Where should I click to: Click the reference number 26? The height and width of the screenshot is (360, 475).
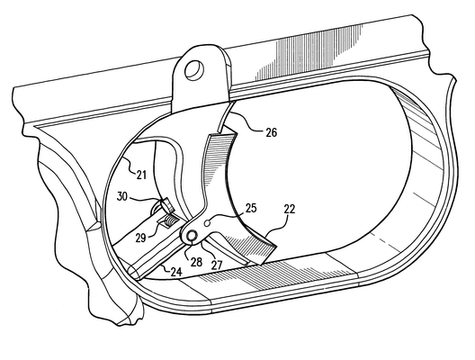[272, 132]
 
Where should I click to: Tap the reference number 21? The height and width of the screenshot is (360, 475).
[141, 175]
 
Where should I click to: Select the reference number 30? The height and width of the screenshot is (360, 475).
[122, 196]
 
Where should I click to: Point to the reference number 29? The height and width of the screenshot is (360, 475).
[141, 238]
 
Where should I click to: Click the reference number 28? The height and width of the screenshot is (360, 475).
[196, 262]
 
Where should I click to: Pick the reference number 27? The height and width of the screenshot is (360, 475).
[217, 265]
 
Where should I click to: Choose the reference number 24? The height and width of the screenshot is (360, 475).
[176, 272]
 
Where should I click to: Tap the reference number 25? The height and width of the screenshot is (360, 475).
[251, 208]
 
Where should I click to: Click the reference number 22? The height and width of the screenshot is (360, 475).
[290, 209]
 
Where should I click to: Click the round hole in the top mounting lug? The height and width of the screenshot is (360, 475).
[194, 70]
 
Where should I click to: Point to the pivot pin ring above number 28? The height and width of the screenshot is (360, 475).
[192, 236]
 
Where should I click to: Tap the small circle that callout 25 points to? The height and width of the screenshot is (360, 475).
[208, 223]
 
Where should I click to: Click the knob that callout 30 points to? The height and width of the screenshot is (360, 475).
[167, 205]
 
